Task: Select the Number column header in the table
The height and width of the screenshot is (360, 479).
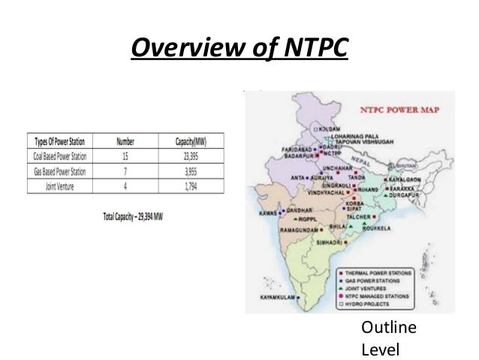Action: click(x=125, y=141)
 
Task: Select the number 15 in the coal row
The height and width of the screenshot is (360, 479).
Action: click(x=125, y=156)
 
